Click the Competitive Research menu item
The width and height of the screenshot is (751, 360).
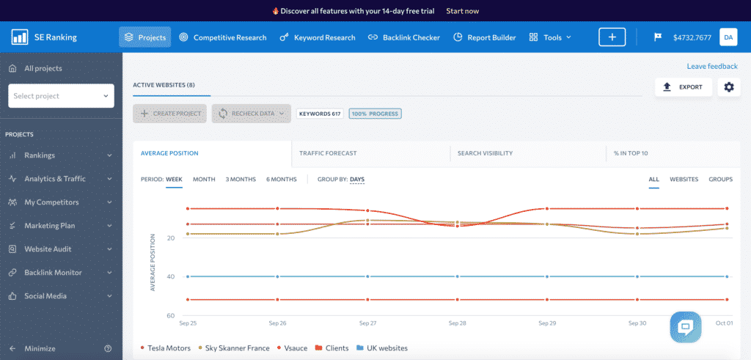click(223, 37)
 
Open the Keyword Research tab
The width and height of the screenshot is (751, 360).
click(318, 37)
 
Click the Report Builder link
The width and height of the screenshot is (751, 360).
click(485, 37)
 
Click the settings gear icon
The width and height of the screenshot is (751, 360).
click(728, 87)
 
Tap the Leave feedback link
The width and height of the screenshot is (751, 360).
click(711, 67)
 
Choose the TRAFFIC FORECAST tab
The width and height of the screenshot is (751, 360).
click(328, 153)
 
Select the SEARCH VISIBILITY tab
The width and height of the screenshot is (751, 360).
click(485, 153)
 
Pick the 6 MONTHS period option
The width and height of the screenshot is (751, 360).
click(282, 179)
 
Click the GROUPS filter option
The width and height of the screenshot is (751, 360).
click(720, 179)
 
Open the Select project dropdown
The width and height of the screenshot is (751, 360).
click(61, 96)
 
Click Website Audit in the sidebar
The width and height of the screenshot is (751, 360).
click(48, 249)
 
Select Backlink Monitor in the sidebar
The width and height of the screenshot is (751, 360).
click(53, 273)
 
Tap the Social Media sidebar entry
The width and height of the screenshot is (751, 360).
click(45, 296)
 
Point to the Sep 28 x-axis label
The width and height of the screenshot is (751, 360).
click(457, 323)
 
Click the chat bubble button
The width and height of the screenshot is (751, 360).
click(686, 327)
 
